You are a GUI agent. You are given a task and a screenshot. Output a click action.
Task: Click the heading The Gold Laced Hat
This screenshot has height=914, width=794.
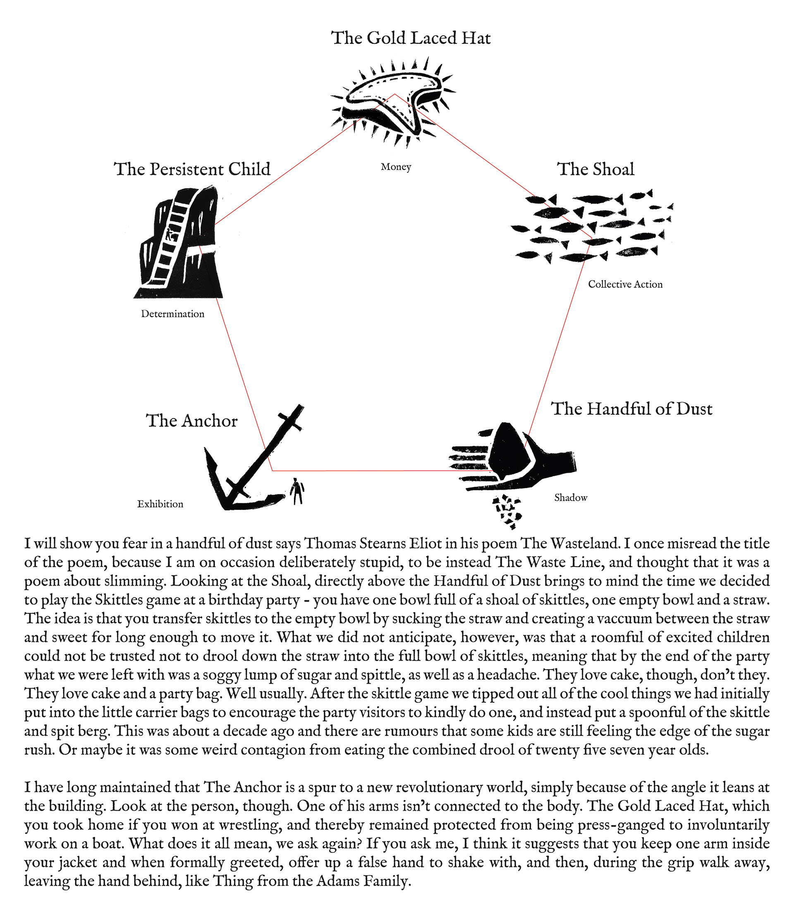[411, 38]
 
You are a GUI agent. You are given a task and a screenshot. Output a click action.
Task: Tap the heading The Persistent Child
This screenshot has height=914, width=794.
[192, 169]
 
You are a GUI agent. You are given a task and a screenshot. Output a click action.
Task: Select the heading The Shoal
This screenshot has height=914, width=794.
[595, 169]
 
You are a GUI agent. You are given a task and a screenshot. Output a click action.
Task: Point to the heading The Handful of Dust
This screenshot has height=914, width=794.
[631, 409]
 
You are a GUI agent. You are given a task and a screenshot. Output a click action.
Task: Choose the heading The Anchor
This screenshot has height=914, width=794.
[192, 421]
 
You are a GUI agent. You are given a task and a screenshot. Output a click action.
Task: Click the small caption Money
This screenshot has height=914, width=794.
[396, 167]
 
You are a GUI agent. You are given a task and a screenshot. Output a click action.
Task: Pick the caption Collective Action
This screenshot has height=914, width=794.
[625, 285]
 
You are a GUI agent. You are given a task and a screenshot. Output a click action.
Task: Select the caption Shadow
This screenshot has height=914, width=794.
[571, 498]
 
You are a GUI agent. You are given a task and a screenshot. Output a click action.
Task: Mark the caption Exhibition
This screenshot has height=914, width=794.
[160, 504]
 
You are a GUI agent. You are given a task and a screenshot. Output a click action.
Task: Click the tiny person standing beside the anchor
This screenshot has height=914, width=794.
[297, 491]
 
